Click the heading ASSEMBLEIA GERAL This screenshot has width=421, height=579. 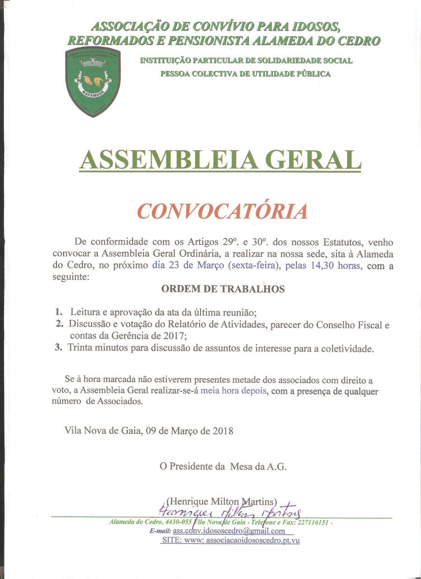[220, 160]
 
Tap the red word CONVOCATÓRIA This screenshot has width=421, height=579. [222, 211]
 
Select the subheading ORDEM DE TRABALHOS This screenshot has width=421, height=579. [223, 289]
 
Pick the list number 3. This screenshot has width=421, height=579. [58, 347]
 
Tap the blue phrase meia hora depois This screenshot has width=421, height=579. [233, 391]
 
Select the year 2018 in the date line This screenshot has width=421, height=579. [223, 431]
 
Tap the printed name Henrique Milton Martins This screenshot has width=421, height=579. [222, 502]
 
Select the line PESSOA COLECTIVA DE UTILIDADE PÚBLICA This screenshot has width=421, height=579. [245, 74]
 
